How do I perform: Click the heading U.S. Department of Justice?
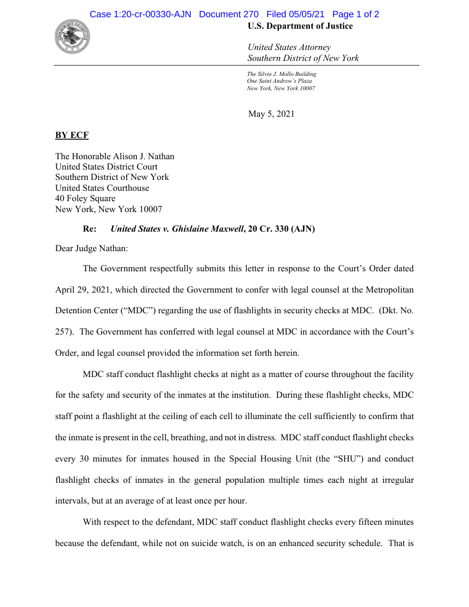click(x=300, y=26)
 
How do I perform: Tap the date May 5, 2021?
click(x=271, y=114)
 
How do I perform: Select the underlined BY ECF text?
click(x=72, y=135)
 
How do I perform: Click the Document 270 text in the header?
click(x=229, y=14)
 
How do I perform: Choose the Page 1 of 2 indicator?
click(x=355, y=14)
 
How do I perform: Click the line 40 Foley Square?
click(x=85, y=199)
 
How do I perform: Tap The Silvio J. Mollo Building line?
click(x=282, y=74)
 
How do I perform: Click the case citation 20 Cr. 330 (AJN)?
click(x=282, y=229)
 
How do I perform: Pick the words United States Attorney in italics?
click(x=289, y=48)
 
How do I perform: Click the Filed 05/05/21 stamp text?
click(x=295, y=14)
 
